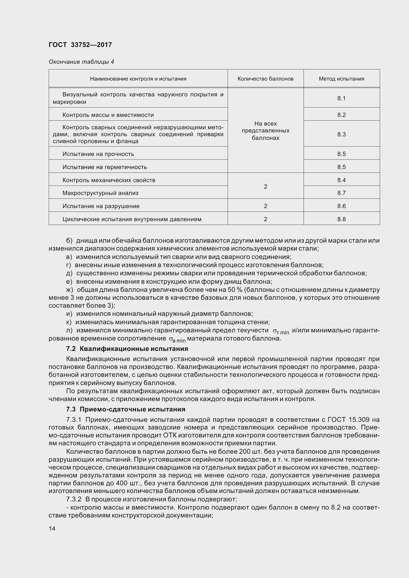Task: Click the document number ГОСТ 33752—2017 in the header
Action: tap(80, 45)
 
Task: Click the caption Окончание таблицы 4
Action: tap(81, 62)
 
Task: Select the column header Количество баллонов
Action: tap(265, 79)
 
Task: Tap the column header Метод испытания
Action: tap(341, 79)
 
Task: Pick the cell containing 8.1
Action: tap(341, 98)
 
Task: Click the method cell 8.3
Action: tap(341, 134)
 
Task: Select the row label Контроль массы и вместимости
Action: tap(108, 115)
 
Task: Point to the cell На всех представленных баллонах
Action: tap(265, 131)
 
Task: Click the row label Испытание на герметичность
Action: tap(105, 167)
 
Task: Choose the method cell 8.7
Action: tap(341, 193)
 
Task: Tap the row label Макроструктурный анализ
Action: tap(100, 193)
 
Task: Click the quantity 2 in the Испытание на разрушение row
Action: tap(265, 206)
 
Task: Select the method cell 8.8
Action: tap(341, 219)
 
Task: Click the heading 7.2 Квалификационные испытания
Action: tap(127, 349)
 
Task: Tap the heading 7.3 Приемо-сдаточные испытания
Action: tap(125, 409)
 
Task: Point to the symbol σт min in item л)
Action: tap(281, 331)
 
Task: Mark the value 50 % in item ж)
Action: tap(235, 290)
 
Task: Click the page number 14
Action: tap(52, 528)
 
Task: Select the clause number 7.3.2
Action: tap(74, 499)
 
